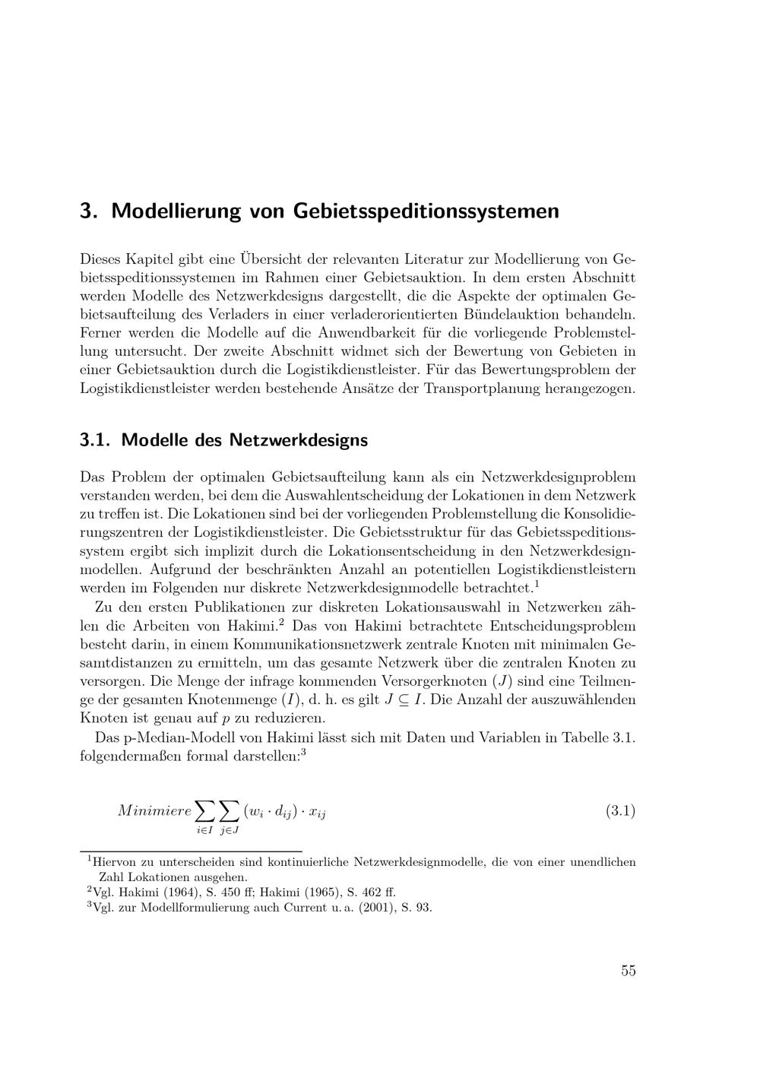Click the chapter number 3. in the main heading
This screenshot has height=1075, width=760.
[90, 211]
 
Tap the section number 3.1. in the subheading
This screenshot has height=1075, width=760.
[97, 440]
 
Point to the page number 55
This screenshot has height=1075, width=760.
[628, 971]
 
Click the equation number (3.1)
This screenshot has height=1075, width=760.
[620, 810]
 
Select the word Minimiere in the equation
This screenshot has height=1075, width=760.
[154, 810]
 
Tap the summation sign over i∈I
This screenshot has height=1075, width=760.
[204, 810]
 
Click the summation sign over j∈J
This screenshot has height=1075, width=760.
[230, 810]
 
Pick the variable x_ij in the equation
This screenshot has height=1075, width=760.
[318, 812]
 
